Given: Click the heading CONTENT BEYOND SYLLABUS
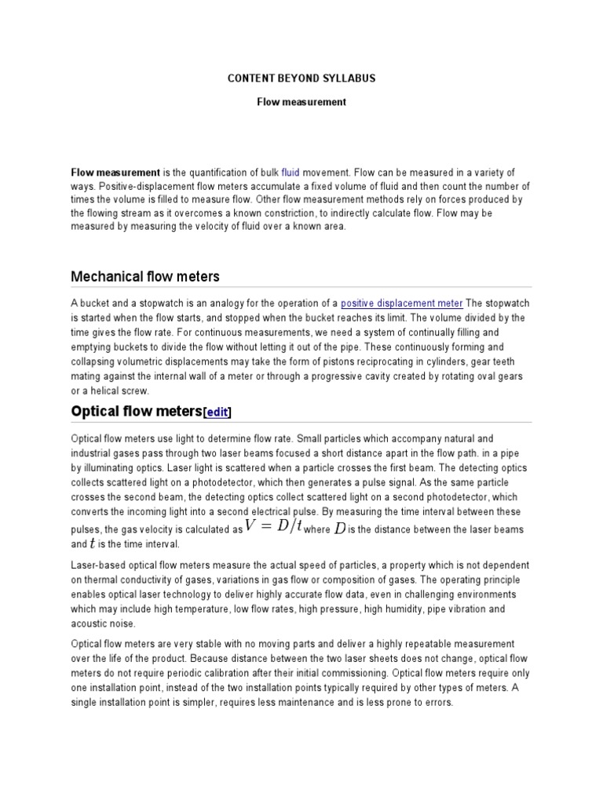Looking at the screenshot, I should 301,78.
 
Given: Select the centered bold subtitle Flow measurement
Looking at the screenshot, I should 301,102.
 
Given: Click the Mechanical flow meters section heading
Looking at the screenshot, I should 145,276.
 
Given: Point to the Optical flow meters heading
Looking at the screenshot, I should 137,411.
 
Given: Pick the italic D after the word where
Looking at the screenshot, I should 339,528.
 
